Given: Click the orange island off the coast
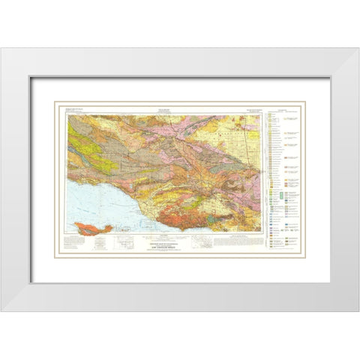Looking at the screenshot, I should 93,226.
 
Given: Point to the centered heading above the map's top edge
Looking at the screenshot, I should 160,109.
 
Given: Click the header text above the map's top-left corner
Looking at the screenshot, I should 78,109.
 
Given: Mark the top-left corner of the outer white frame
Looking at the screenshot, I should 2,47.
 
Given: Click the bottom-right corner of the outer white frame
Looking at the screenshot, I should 358,313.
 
